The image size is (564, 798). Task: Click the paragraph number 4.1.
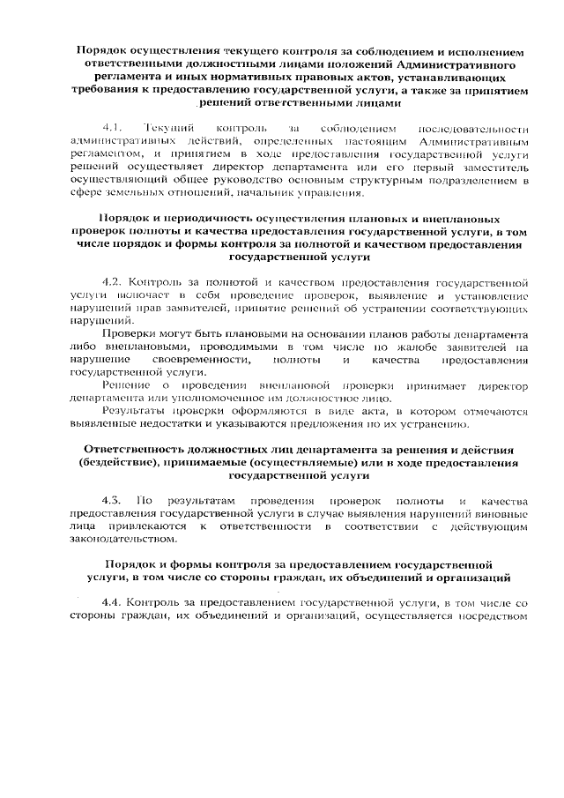(x=113, y=129)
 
